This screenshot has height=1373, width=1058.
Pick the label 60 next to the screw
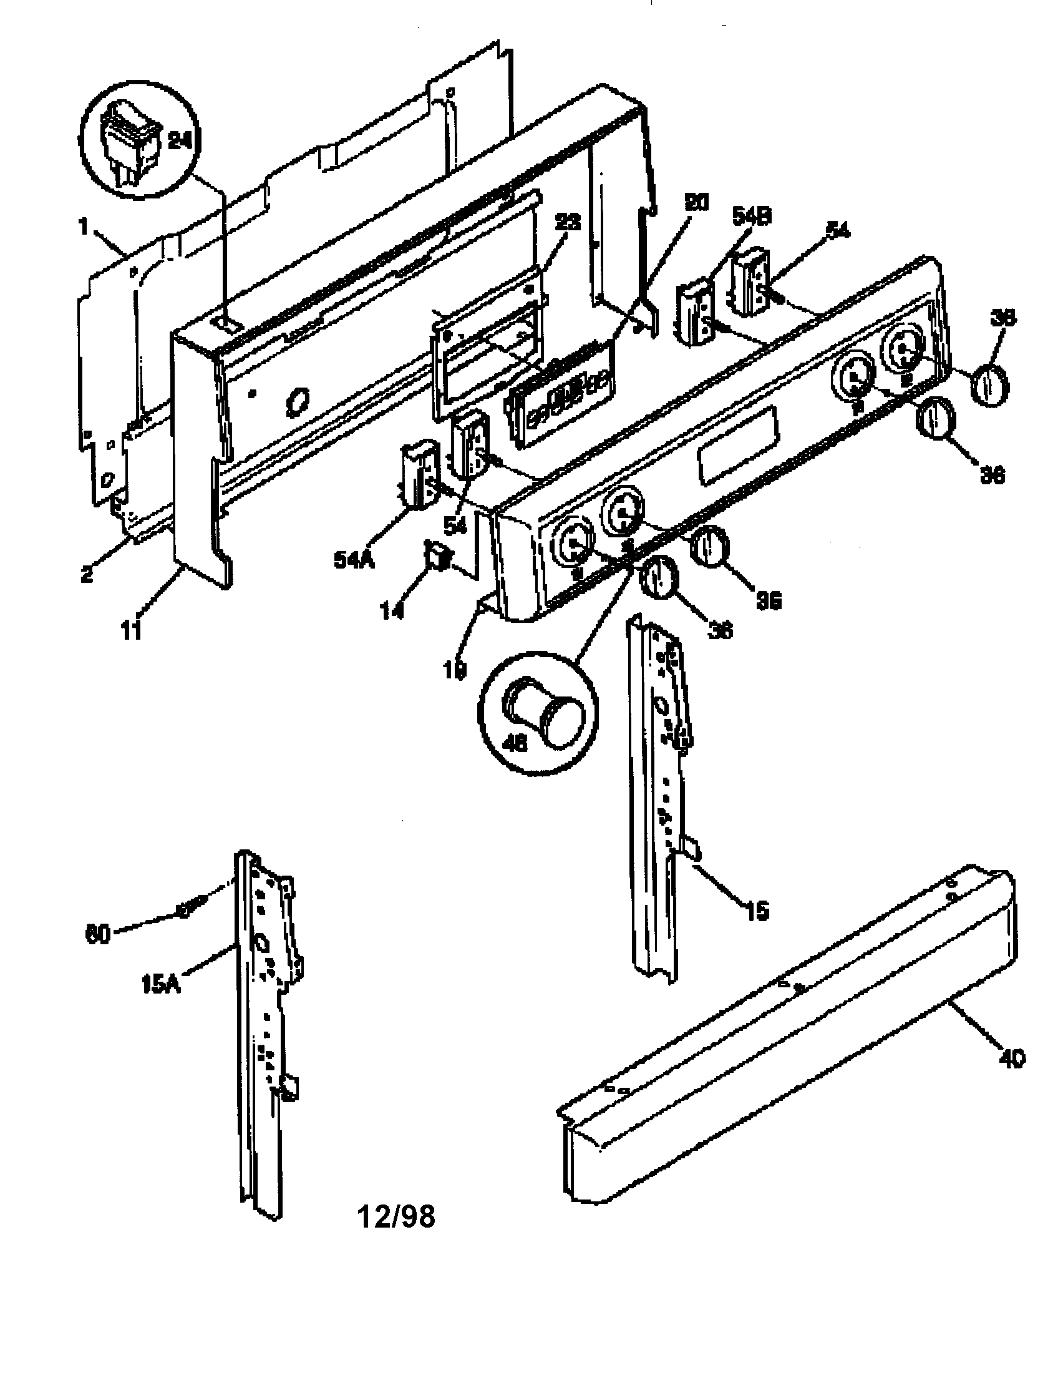click(x=98, y=934)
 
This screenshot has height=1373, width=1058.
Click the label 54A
click(x=354, y=559)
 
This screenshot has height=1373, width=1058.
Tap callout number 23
click(x=566, y=222)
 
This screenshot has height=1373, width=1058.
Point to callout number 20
click(x=696, y=202)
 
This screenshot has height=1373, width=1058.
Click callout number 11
click(x=131, y=629)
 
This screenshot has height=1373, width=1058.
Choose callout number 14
click(x=392, y=610)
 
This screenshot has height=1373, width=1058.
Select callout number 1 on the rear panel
click(x=83, y=227)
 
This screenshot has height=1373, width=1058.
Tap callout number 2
click(x=87, y=573)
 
